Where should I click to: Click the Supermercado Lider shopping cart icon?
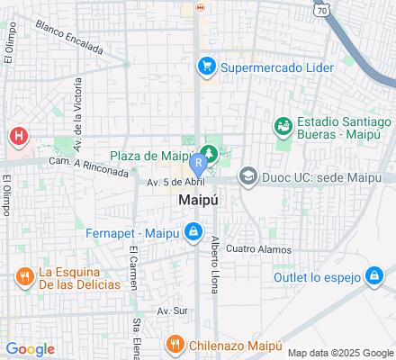pos(206,66)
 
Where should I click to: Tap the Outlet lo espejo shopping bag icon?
pos(373,277)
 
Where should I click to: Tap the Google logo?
pos(29,349)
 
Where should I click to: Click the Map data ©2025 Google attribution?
pos(346,352)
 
